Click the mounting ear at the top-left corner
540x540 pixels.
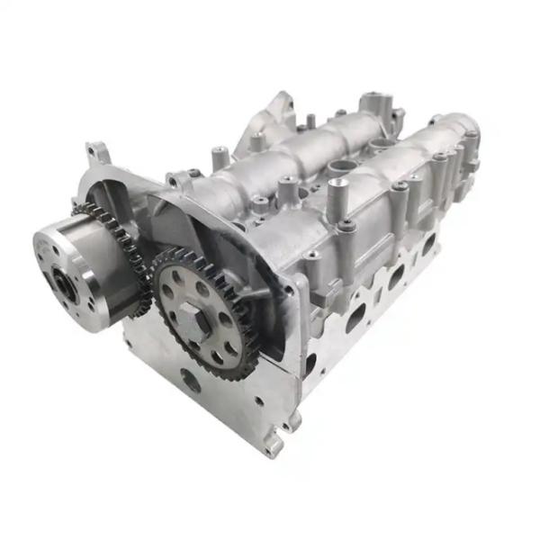tap(97, 153)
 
